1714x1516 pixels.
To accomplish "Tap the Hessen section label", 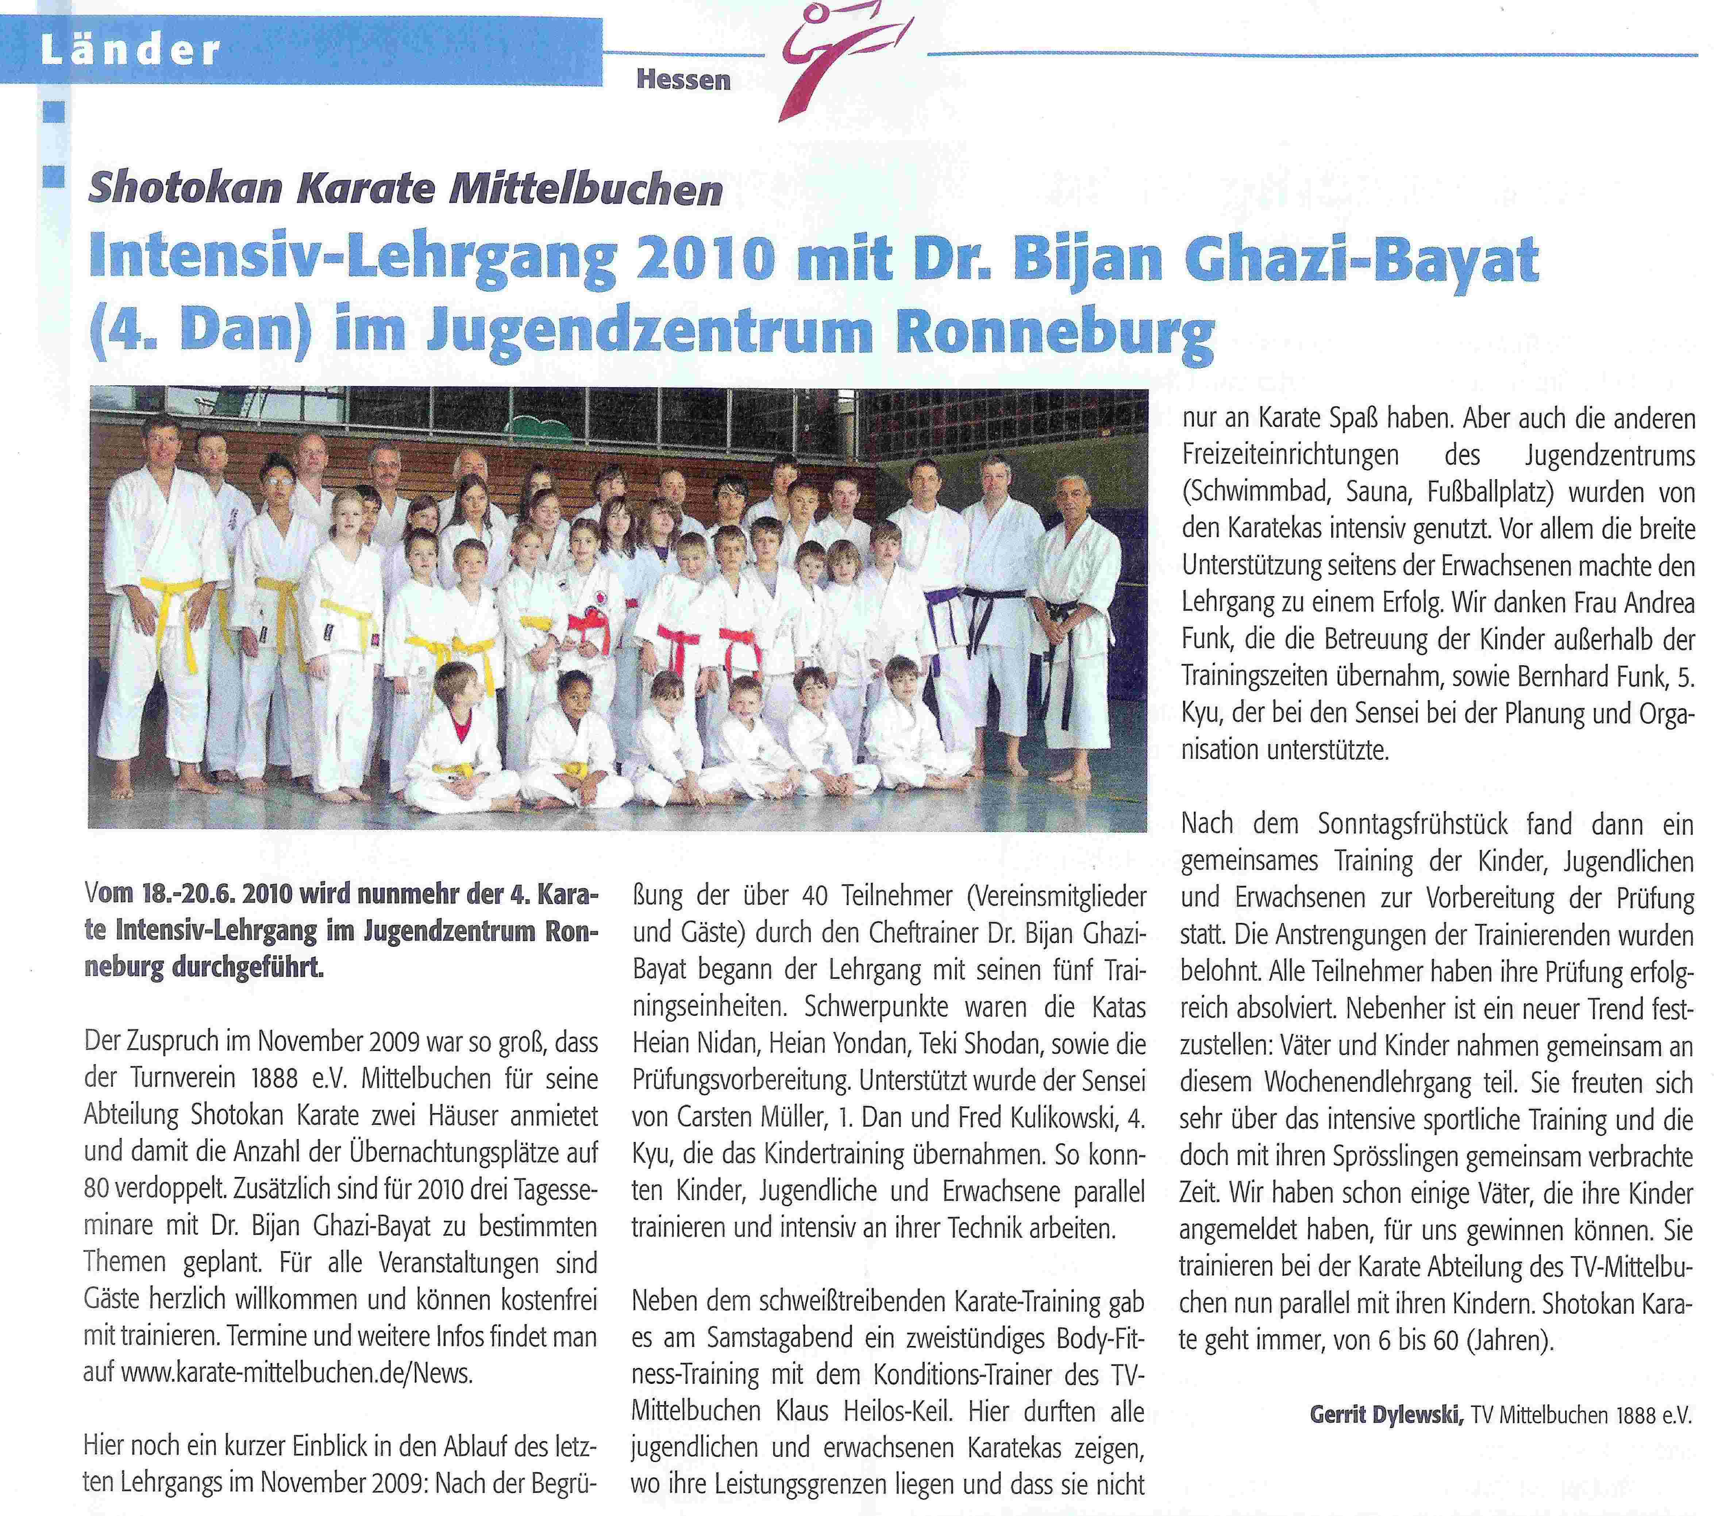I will click(683, 81).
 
